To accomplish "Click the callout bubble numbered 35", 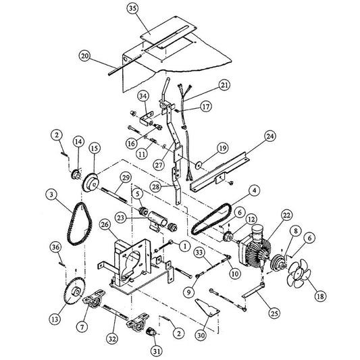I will coord(132,9).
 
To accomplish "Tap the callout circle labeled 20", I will coord(84,55).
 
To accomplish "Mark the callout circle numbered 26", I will coord(105,224).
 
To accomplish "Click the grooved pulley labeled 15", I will coord(89,183).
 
